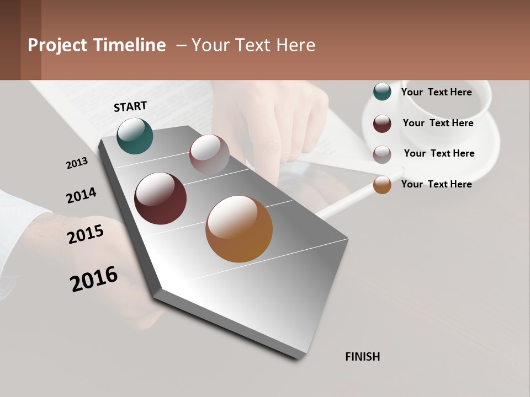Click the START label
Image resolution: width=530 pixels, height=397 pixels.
pyautogui.click(x=130, y=106)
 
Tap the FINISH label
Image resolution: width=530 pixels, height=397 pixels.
pyautogui.click(x=363, y=357)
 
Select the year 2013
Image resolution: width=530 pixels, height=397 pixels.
pyautogui.click(x=77, y=163)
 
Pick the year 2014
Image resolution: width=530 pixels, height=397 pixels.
pyautogui.click(x=81, y=196)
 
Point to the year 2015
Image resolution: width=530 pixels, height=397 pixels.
pyautogui.click(x=86, y=234)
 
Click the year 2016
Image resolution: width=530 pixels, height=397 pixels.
pyautogui.click(x=94, y=279)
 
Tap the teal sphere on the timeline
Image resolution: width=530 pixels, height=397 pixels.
pyautogui.click(x=135, y=136)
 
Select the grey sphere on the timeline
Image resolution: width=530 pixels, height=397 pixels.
pyautogui.click(x=209, y=154)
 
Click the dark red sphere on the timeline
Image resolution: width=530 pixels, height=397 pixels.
pyautogui.click(x=160, y=198)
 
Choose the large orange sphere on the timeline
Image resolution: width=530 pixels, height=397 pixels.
pyautogui.click(x=239, y=229)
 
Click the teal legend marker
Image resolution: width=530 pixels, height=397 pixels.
pyautogui.click(x=382, y=92)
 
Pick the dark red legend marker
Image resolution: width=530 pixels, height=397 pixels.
pyautogui.click(x=382, y=124)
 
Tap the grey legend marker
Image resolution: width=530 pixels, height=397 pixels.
pyautogui.click(x=382, y=154)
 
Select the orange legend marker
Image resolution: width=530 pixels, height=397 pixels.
pyautogui.click(x=382, y=185)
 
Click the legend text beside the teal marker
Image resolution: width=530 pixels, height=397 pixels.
pyautogui.click(x=436, y=92)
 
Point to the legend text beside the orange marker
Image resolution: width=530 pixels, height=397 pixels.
pyautogui.click(x=436, y=184)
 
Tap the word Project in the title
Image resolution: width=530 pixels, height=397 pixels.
pyautogui.click(x=57, y=45)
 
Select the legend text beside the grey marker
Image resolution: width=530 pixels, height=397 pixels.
pyautogui.click(x=439, y=153)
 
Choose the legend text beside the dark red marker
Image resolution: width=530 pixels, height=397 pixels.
pyautogui.click(x=438, y=123)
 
